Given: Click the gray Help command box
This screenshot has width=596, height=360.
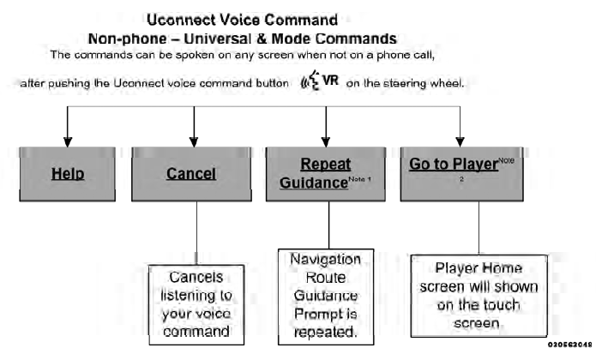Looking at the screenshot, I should click(67, 174).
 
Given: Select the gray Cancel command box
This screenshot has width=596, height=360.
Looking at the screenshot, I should click(190, 174).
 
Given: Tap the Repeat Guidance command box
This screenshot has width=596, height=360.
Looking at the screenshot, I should click(326, 174).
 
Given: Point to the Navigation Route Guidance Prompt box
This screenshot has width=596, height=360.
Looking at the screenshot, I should click(326, 295).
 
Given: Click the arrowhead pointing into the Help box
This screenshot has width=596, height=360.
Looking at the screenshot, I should click(67, 141).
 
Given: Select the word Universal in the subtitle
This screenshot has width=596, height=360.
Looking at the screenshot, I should click(268, 38).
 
